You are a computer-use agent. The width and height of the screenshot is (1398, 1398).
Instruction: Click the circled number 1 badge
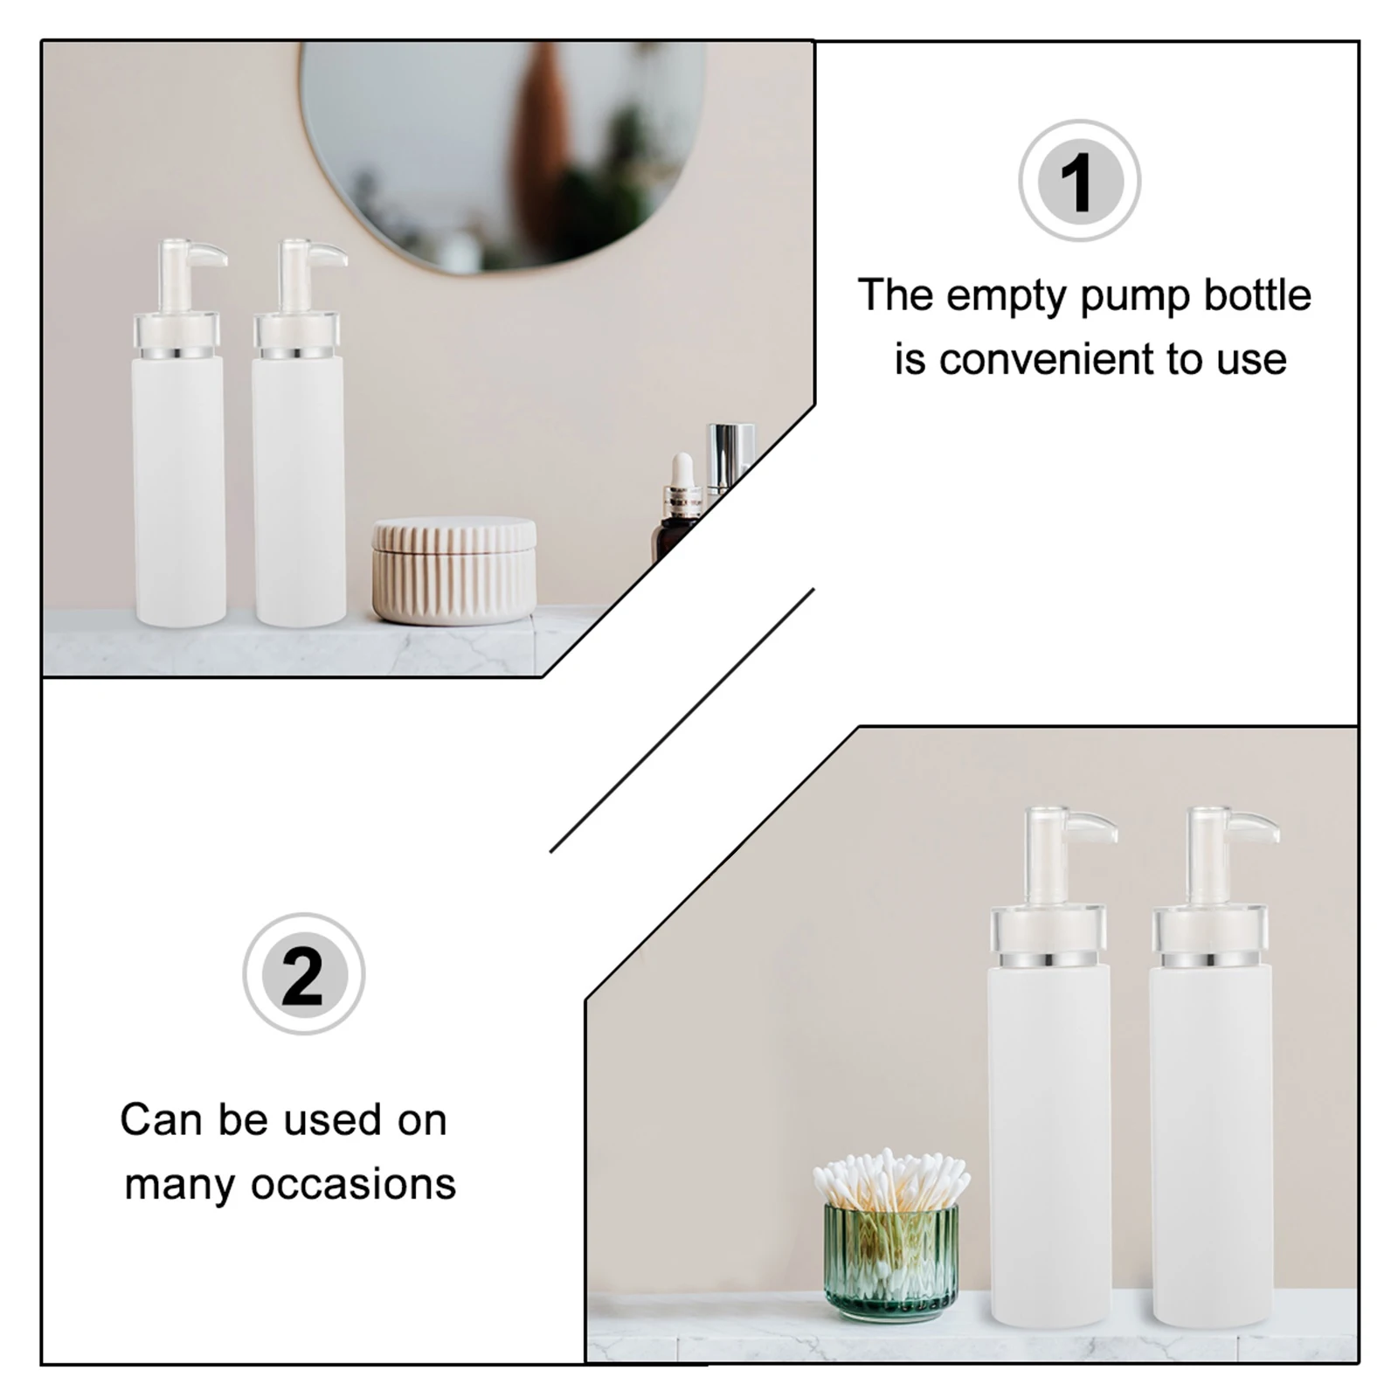(x=1079, y=181)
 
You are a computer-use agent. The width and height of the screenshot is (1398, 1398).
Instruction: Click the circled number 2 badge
(x=303, y=974)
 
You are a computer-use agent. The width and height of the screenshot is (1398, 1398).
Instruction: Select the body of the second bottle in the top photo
(x=299, y=489)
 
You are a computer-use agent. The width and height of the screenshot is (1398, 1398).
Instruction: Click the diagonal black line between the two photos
(x=682, y=720)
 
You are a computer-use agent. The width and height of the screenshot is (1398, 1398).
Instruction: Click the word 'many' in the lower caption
(x=179, y=1185)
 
